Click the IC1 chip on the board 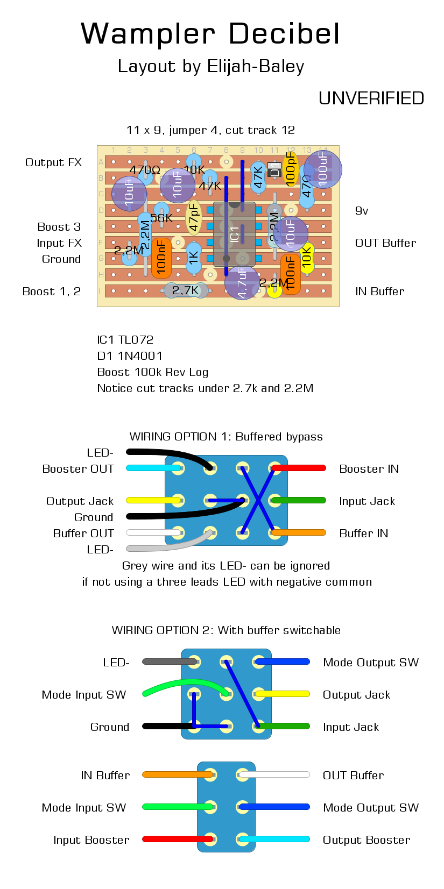point(235,234)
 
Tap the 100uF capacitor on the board point(323,169)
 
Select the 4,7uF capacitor point(242,282)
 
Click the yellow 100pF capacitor point(291,169)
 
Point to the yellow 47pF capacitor point(194,217)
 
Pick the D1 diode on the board point(274,170)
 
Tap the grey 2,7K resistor point(185,290)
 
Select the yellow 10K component point(307,258)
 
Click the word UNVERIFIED point(371,98)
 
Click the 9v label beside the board point(362,211)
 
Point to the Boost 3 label point(59,227)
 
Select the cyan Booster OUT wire point(153,468)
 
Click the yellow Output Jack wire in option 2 point(283,694)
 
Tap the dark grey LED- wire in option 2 point(170,662)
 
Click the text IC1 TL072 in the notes point(125,340)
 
